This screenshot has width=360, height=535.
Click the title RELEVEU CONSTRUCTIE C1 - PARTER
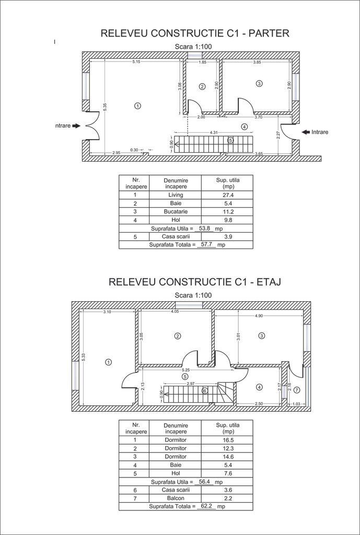click(194, 34)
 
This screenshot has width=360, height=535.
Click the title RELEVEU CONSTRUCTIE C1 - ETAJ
click(194, 282)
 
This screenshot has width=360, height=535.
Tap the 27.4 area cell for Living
click(227, 195)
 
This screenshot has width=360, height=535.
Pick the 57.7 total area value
click(208, 244)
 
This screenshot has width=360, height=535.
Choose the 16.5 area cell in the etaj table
click(227, 440)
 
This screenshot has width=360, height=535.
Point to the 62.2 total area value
click(207, 506)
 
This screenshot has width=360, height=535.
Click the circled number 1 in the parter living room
click(137, 106)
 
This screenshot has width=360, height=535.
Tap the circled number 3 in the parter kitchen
click(259, 83)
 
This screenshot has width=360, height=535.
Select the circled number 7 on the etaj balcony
click(296, 390)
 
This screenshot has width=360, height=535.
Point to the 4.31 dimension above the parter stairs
click(214, 133)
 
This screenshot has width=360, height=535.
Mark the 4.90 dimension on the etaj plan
click(259, 316)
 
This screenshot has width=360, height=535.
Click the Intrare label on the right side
click(320, 132)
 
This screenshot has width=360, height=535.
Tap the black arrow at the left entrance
click(76, 126)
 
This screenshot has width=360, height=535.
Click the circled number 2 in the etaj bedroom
click(178, 336)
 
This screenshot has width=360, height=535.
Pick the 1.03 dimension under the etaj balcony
click(296, 404)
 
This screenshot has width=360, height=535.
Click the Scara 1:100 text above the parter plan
click(193, 47)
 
